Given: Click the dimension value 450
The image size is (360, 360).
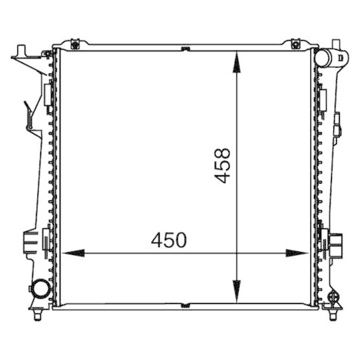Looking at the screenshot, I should (x=168, y=240).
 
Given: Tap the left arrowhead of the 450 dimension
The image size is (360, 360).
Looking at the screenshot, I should (x=68, y=253).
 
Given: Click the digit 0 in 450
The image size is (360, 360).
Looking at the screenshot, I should (x=180, y=240).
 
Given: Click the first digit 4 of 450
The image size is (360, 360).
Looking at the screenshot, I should (x=157, y=240).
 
